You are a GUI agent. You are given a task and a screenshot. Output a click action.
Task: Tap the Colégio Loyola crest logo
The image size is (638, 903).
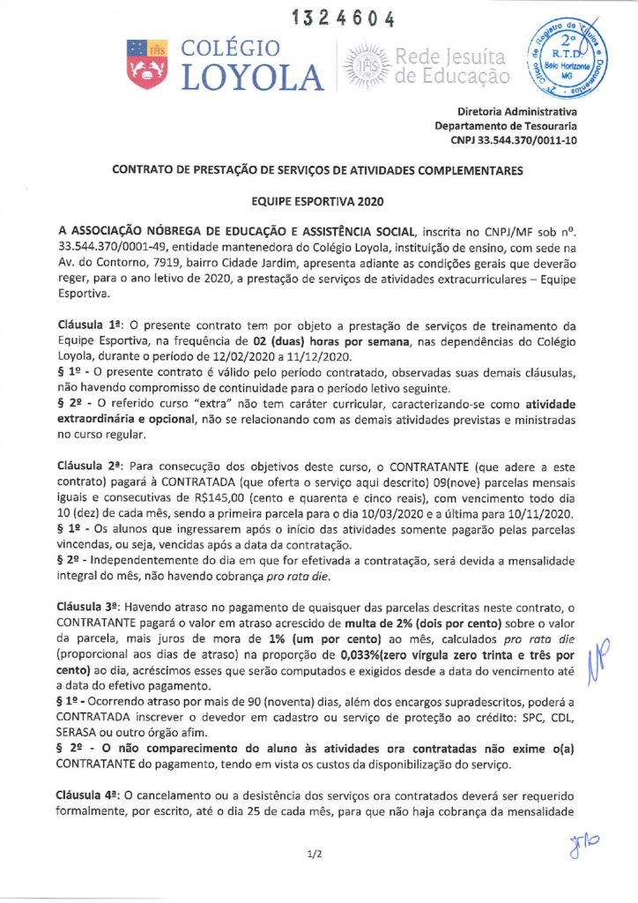146,64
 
